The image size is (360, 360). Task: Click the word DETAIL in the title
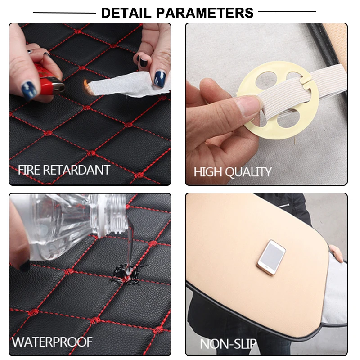126,13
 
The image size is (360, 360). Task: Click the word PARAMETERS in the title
205,13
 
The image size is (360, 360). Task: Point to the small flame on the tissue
86,86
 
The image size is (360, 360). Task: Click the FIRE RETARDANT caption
64,170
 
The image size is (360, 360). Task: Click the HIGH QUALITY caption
233,172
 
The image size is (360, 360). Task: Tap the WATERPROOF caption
52,342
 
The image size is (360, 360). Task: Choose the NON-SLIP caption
228,344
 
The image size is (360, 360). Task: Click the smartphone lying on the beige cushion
271,257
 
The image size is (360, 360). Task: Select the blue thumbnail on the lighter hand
29,90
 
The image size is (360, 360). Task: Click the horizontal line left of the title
64,13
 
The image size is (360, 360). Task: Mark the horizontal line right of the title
287,11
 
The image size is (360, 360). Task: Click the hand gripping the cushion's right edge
336,252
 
